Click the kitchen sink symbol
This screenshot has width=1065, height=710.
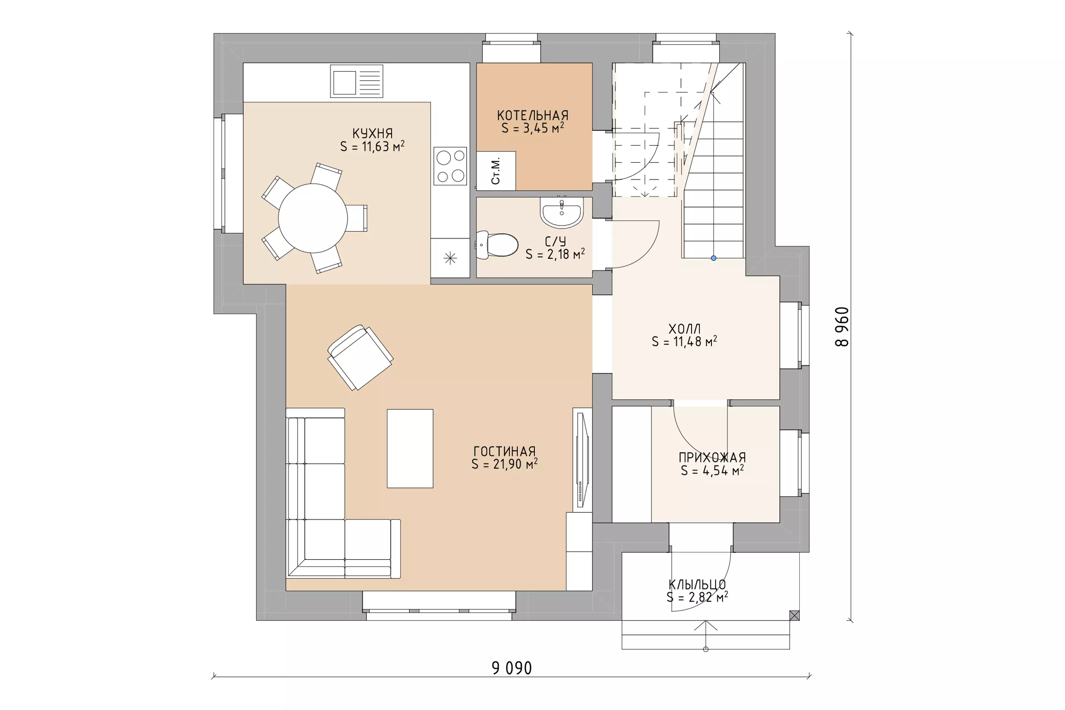coord(356,81)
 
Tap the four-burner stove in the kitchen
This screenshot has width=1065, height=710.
coord(450,166)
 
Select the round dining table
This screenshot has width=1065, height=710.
coord(313,218)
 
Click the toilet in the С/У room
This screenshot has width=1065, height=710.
coord(497,245)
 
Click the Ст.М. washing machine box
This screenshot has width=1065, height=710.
coord(496,171)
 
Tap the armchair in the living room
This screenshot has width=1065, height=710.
coord(360,357)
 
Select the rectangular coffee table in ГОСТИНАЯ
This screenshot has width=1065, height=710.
coord(410,448)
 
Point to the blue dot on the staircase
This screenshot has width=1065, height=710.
coord(714,258)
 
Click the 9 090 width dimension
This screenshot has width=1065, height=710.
coord(512,668)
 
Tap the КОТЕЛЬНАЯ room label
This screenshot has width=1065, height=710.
coord(533,115)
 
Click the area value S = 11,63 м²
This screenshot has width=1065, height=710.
coord(372,146)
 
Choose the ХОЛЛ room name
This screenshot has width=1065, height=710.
coord(684,329)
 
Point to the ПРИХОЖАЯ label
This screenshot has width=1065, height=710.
coord(712,457)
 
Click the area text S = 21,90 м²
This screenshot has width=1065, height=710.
coord(504,464)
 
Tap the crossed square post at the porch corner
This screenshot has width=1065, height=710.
coord(794,615)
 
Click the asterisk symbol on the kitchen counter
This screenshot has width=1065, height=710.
coord(450,258)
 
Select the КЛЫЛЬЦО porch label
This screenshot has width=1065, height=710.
coord(697,585)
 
